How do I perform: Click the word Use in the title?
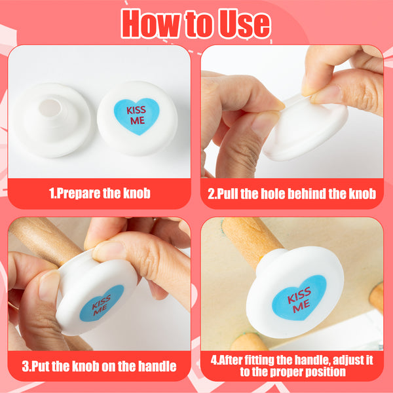click(244, 24)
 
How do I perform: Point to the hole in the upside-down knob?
click(50, 108)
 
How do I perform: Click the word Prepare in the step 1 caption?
click(79, 194)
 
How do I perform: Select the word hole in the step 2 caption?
click(272, 194)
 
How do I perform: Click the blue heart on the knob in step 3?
click(102, 303)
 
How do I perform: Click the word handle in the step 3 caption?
click(157, 366)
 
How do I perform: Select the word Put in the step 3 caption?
click(41, 366)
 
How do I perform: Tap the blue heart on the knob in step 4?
click(299, 298)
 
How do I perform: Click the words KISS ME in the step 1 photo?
click(136, 115)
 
